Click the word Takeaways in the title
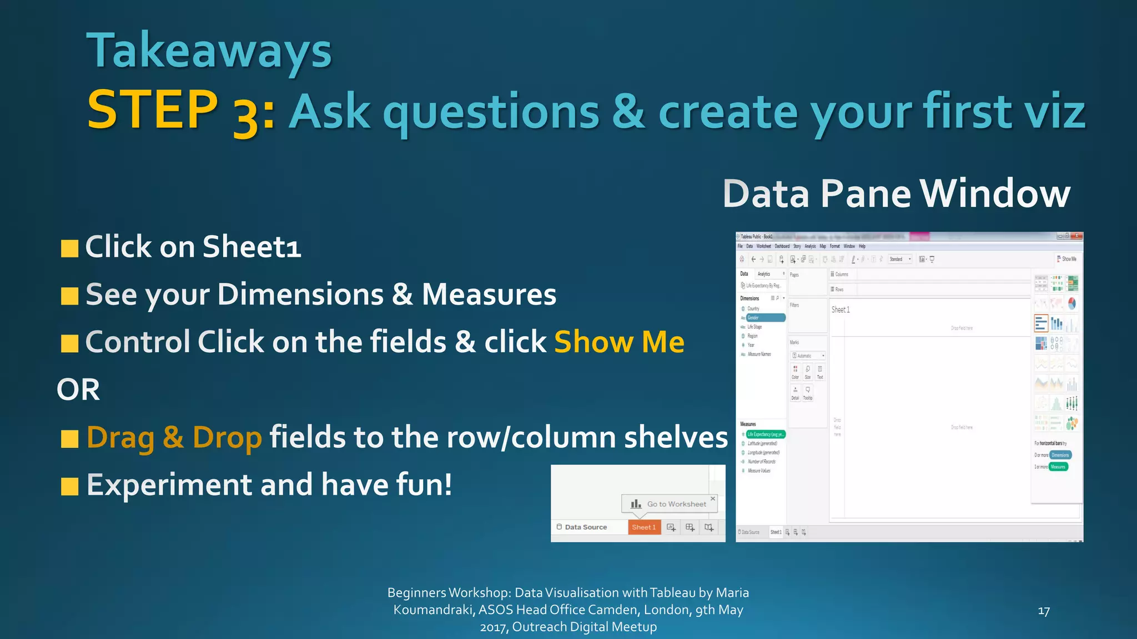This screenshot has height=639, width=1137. (209, 51)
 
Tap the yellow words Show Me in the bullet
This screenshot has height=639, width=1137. (619, 342)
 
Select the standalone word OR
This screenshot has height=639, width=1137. (78, 389)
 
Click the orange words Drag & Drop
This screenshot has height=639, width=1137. (174, 438)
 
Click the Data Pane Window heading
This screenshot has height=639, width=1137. (896, 194)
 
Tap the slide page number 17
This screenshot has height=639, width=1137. (1043, 611)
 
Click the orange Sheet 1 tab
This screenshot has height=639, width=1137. (644, 527)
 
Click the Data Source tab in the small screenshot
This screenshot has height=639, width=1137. (585, 527)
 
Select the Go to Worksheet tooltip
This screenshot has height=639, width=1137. (670, 504)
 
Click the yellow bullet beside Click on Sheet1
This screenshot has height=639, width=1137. (69, 248)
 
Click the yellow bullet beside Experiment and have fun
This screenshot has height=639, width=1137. (69, 486)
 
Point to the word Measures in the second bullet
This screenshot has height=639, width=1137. (489, 295)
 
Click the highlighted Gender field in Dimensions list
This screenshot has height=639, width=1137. (764, 318)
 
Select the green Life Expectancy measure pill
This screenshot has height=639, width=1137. (765, 434)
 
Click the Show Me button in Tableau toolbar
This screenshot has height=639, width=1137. (1067, 259)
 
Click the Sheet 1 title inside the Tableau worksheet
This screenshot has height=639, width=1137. (841, 310)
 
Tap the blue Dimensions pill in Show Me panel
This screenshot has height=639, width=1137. (1060, 455)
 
